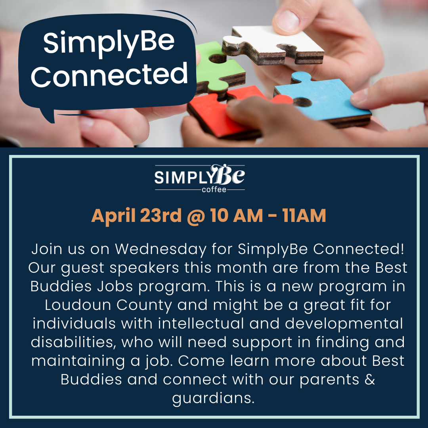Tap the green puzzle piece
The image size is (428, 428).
tap(218, 70)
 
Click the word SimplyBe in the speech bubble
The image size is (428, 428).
tap(109, 42)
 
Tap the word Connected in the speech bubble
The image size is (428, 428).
tap(109, 74)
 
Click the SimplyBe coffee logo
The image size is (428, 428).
tap(199, 178)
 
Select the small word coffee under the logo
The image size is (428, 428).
tap(214, 189)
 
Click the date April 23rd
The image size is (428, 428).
tap(136, 216)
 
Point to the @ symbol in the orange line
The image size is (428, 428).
tap(196, 216)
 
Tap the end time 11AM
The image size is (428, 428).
tap(304, 216)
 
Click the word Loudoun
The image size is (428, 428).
tap(78, 305)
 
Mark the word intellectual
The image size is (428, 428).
tap(201, 323)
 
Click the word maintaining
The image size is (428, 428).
tap(78, 361)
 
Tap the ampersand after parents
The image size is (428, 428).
tap(370, 379)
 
